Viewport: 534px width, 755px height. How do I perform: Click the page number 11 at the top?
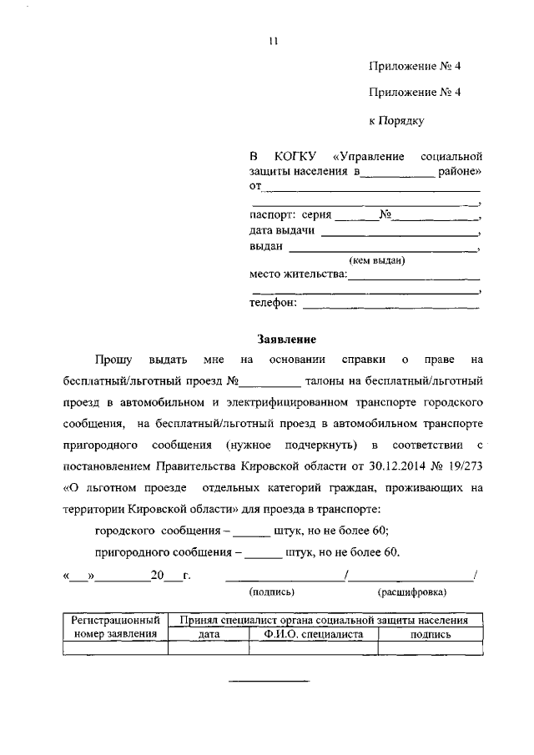coord(272,42)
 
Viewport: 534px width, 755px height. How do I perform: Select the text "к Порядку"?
coord(396,121)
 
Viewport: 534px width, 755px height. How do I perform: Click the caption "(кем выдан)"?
coord(377,260)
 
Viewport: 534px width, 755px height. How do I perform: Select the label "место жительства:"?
coord(298,274)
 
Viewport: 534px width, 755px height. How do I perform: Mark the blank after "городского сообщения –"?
coord(251,530)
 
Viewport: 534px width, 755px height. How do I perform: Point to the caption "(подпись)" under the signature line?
coord(272,591)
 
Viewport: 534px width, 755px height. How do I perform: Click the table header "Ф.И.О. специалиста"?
coord(313,634)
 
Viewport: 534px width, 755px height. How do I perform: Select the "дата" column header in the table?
coord(209,634)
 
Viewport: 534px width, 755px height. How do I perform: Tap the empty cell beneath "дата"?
coord(209,647)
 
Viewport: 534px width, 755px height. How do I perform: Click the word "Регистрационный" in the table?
coord(115,621)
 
